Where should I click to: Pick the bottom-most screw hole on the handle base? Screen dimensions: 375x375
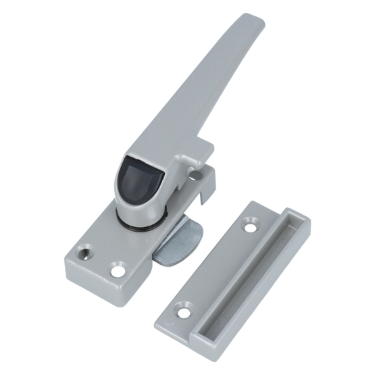point(119,272)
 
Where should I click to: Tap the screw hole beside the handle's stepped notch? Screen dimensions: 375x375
point(195,176)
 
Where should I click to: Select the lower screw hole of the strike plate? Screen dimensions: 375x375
point(182,310)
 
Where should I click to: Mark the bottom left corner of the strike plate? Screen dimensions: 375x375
point(158,318)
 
